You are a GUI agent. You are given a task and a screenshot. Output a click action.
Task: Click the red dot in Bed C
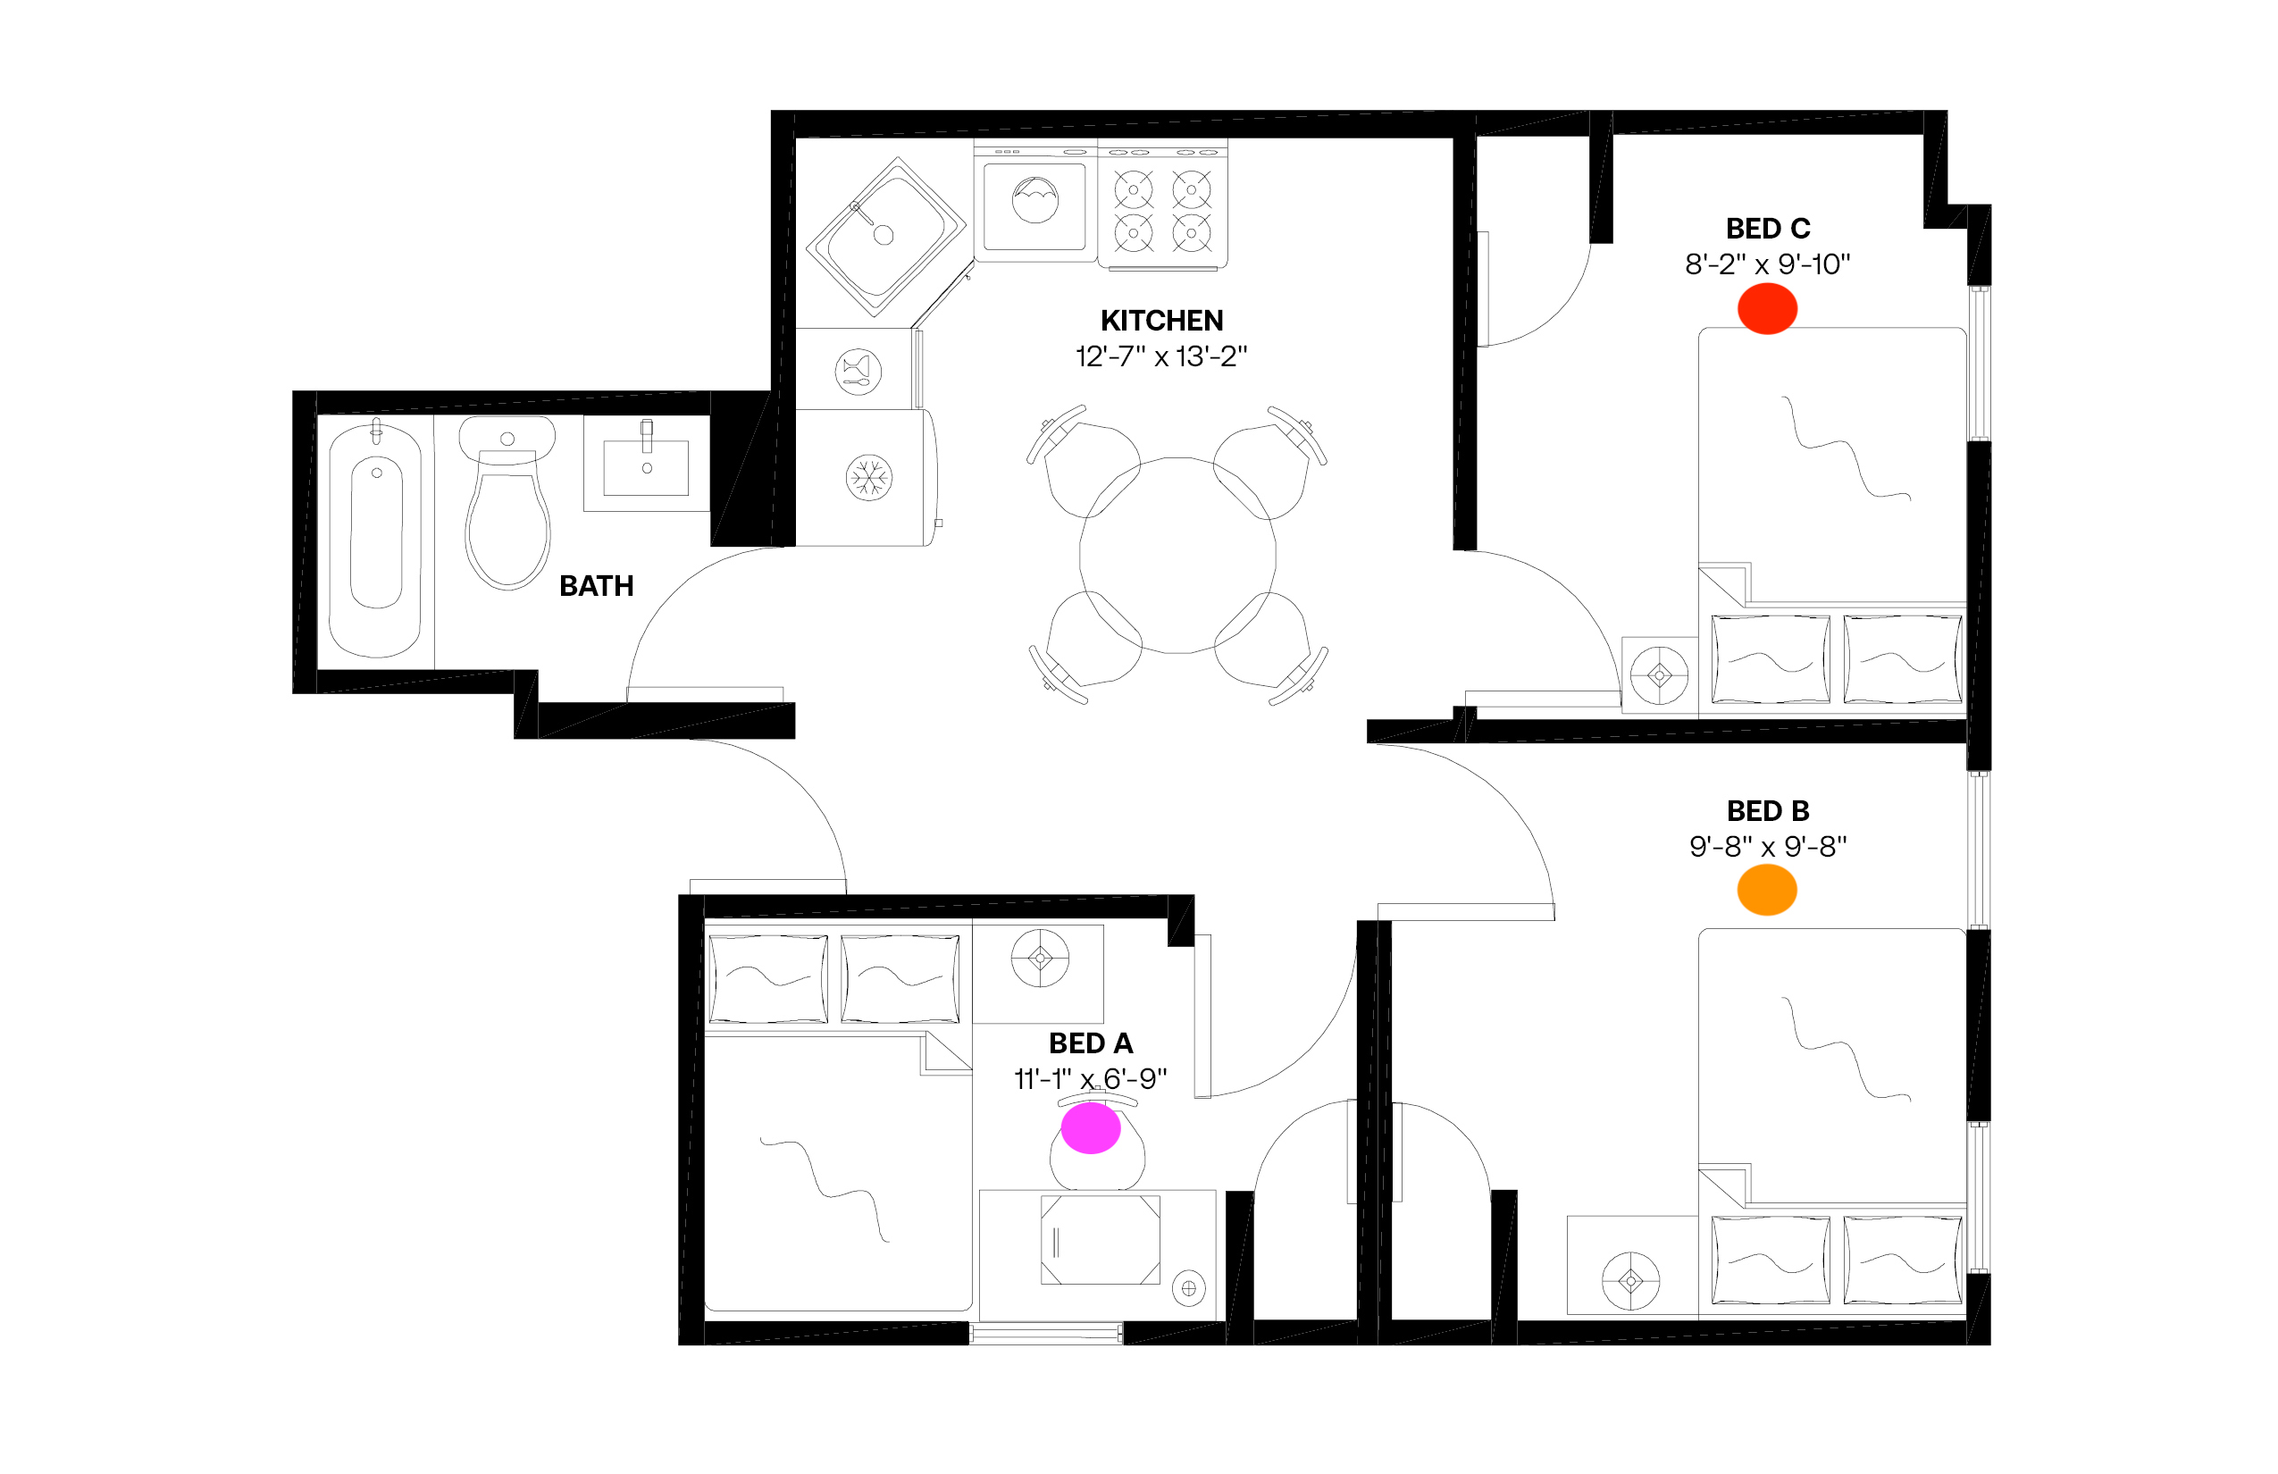pos(1767,308)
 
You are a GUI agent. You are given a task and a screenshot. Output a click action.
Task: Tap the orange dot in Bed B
pos(1767,890)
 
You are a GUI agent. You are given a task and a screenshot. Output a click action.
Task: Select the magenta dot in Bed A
pos(1090,1128)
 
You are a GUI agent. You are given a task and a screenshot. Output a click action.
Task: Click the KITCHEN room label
pos(1161,321)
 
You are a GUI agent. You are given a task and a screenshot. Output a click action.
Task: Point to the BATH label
pos(597,586)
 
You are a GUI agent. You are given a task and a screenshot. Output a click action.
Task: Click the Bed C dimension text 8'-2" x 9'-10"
pos(1767,264)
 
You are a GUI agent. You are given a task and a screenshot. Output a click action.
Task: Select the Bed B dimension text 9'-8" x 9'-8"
pos(1767,846)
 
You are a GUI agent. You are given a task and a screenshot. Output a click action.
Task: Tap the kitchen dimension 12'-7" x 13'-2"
pos(1161,356)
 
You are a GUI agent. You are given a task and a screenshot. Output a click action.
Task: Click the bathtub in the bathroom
pos(375,539)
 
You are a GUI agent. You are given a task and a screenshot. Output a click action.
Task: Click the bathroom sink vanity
pos(647,465)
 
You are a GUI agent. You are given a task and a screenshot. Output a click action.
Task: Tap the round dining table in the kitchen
pos(1177,555)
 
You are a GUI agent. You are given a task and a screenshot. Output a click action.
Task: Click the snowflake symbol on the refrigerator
pos(869,477)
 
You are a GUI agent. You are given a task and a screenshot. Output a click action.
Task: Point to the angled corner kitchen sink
pos(885,236)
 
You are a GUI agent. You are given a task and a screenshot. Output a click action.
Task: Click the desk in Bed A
pos(1097,1255)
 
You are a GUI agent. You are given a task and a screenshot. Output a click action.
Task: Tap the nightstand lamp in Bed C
pos(1660,675)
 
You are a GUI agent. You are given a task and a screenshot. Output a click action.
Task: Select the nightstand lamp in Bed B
pos(1631,1279)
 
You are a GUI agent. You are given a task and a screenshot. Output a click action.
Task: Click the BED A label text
pos(1090,1043)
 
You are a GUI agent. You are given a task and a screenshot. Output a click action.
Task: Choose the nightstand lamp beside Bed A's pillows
pos(1041,957)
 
